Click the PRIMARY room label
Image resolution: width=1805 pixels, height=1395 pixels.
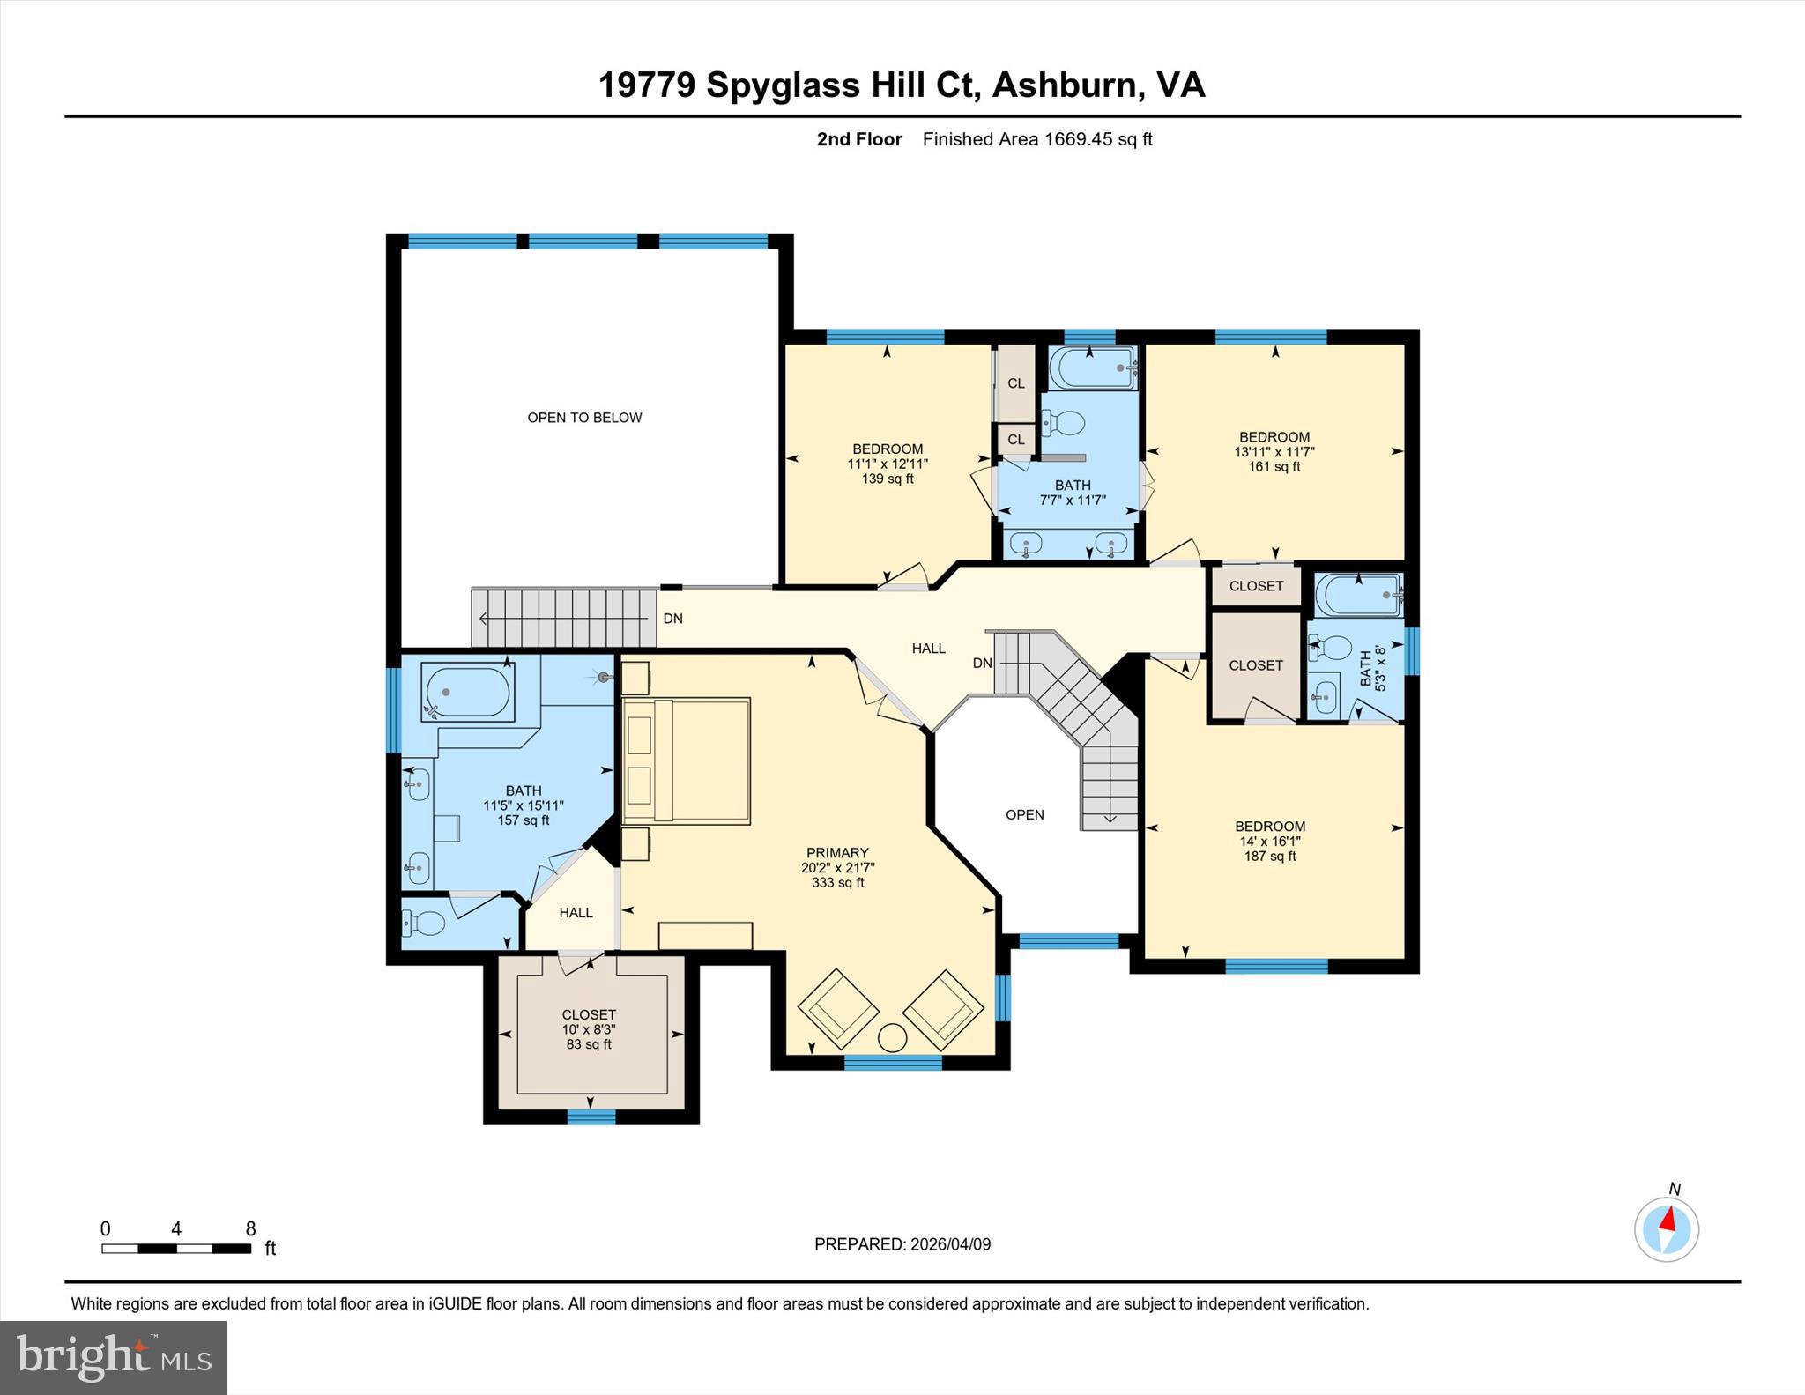click(x=837, y=853)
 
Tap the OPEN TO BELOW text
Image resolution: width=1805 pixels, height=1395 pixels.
click(x=584, y=418)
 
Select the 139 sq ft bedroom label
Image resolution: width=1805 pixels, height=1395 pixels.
click(x=887, y=464)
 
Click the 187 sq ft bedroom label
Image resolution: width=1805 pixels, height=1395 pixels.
click(x=1269, y=841)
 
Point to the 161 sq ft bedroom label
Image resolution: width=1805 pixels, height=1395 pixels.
click(x=1274, y=451)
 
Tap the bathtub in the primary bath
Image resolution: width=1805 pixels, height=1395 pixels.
click(x=467, y=692)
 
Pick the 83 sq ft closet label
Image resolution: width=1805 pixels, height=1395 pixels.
click(x=589, y=1029)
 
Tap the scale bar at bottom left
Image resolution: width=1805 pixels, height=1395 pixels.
click(x=176, y=1248)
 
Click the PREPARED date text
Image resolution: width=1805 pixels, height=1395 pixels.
click(x=902, y=1244)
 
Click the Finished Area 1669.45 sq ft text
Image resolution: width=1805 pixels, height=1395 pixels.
click(x=1037, y=139)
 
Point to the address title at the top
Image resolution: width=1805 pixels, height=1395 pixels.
click(x=902, y=85)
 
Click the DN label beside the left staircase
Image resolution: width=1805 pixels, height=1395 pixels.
click(x=672, y=619)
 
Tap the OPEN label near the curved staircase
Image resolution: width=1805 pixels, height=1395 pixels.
click(x=1024, y=815)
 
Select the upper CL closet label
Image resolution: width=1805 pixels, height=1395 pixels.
click(x=1016, y=383)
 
